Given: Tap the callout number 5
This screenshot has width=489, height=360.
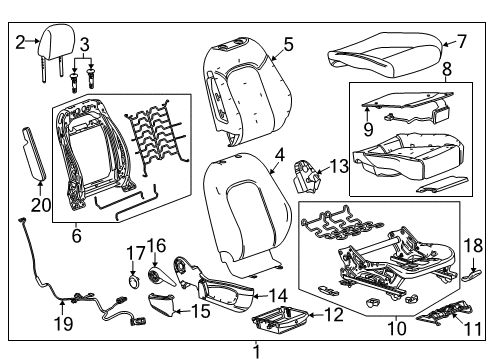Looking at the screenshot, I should click(288, 43).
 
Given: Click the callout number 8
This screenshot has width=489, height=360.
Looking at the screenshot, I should click(447, 69).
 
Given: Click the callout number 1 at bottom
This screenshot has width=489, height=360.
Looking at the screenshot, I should click(257, 350).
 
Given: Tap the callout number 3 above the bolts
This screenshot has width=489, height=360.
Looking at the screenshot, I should click(84, 43).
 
